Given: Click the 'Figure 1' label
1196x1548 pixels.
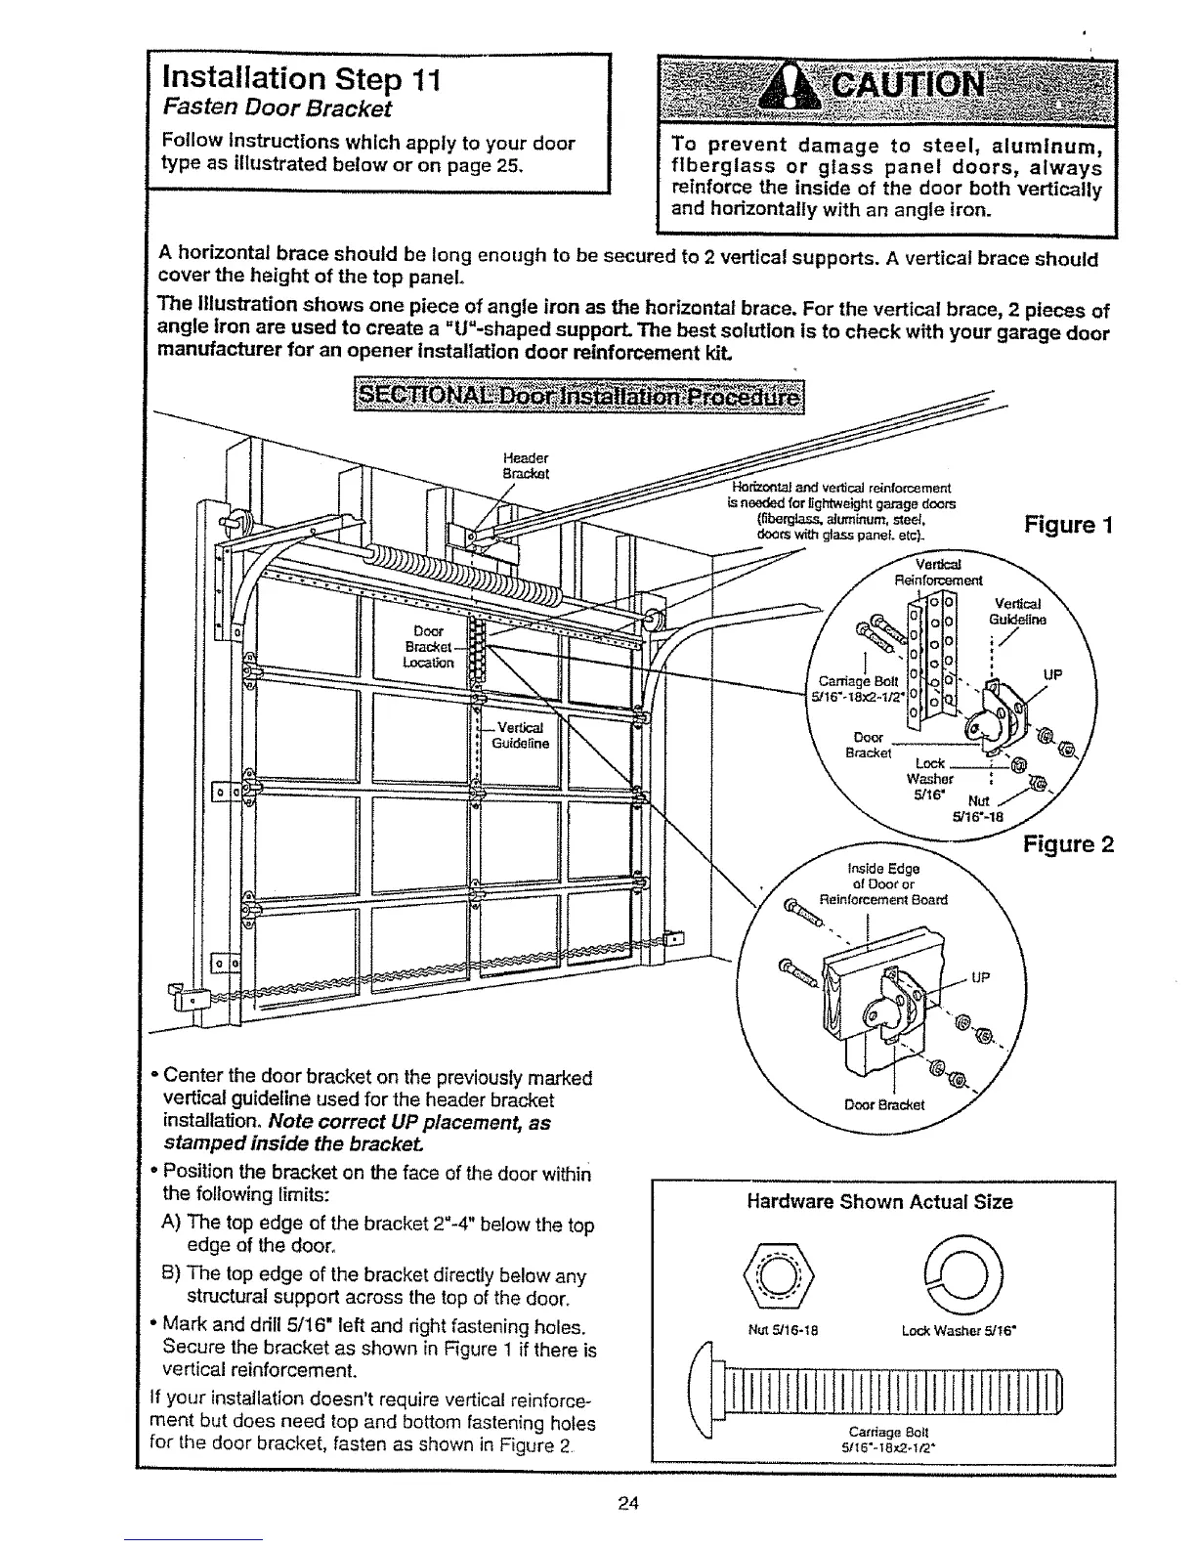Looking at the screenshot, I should point(1068,525).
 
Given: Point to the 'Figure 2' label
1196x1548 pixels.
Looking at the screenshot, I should point(1068,843).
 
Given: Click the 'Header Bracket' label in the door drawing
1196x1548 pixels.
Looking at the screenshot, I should point(525,466).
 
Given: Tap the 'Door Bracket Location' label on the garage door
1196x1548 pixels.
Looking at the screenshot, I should point(430,646).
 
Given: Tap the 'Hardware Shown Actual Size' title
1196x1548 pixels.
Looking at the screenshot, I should point(879,1202).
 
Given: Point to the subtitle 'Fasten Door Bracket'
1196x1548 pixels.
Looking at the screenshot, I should point(277,107).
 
